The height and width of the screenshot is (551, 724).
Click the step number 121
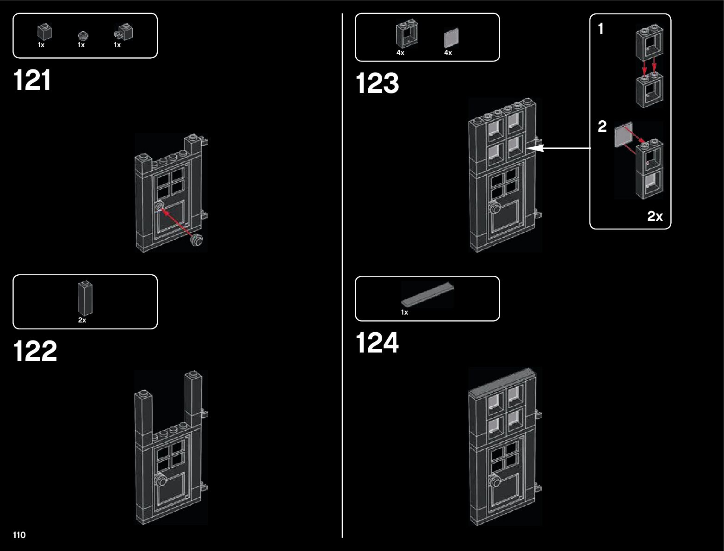[32, 80]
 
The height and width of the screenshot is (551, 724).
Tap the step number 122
[35, 351]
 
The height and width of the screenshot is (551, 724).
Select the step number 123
[377, 84]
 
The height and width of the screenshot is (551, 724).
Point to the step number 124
[377, 343]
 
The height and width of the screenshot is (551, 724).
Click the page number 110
[19, 535]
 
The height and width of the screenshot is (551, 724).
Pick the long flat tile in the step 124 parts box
[427, 295]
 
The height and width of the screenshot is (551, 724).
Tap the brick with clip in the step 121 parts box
[124, 32]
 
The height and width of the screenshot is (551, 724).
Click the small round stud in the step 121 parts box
[82, 35]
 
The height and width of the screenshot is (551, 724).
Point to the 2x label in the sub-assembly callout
[655, 216]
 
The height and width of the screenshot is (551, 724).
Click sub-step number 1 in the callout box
[600, 30]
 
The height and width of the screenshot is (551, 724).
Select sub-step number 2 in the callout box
[602, 126]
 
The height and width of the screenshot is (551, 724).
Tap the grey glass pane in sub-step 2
[623, 135]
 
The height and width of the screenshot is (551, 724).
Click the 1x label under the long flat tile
[404, 312]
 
